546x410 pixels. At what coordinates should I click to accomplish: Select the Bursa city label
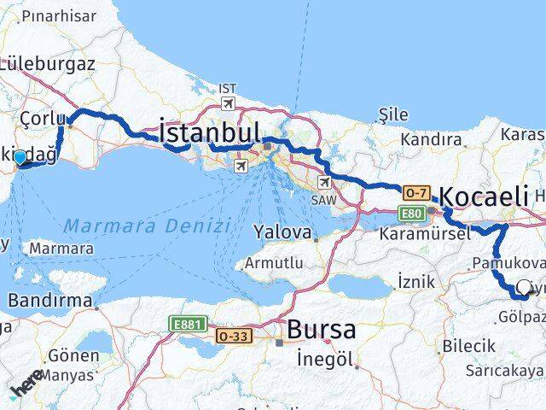pyautogui.click(x=321, y=329)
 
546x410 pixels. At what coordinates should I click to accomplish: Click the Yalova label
pyautogui.click(x=285, y=231)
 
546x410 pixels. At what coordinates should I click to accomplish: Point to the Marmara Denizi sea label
pyautogui.click(x=148, y=226)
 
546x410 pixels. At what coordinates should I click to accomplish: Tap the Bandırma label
pyautogui.click(x=49, y=301)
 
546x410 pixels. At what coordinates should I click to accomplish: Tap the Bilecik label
pyautogui.click(x=468, y=345)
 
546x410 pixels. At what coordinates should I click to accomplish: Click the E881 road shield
pyautogui.click(x=185, y=325)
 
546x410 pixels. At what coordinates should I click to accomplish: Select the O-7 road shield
pyautogui.click(x=417, y=193)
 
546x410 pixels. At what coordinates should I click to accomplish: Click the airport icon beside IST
pyautogui.click(x=228, y=103)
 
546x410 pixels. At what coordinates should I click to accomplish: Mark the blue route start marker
pyautogui.click(x=20, y=157)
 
